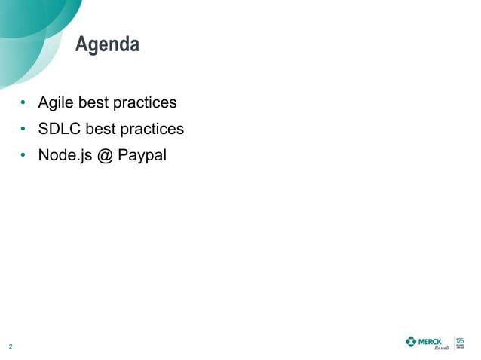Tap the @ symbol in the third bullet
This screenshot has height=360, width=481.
point(103,156)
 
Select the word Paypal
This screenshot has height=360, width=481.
point(142,156)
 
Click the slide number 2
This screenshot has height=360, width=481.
point(11,347)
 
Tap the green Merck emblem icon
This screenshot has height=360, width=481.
point(411,342)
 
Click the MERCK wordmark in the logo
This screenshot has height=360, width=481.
point(430,342)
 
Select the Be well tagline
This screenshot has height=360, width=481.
point(440,349)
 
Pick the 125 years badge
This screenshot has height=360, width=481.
point(460,343)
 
